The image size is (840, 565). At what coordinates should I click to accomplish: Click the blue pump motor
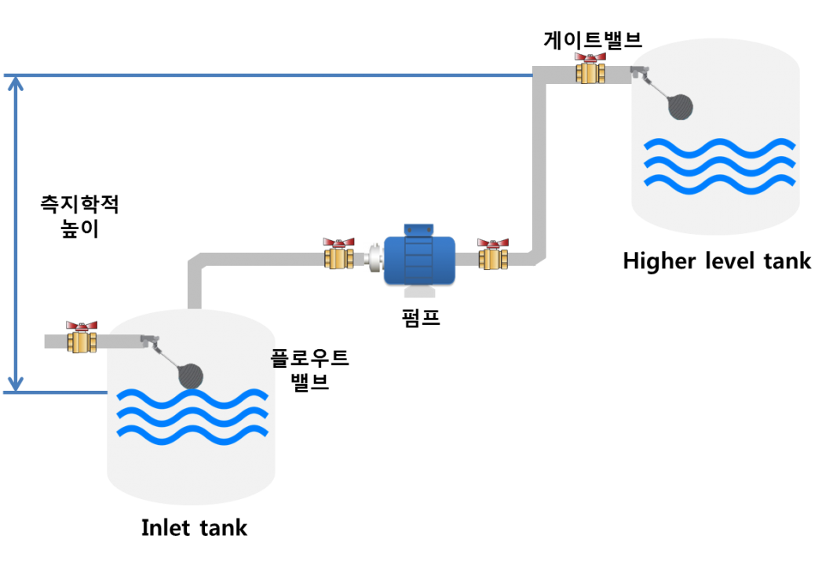tap(419, 260)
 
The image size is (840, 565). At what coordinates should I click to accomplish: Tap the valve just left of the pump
tap(339, 255)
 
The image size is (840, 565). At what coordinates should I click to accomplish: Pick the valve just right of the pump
tap(493, 255)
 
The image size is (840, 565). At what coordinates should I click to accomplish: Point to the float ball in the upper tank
tap(681, 108)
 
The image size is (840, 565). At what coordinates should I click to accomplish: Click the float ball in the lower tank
tap(191, 376)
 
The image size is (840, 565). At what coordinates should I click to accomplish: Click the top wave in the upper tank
tap(719, 147)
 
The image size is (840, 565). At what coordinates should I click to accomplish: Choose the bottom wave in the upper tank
tap(719, 182)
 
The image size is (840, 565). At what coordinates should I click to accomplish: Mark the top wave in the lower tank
tap(192, 398)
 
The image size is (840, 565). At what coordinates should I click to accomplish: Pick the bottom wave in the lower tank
tap(192, 433)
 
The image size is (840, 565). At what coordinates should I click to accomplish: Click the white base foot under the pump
tap(419, 291)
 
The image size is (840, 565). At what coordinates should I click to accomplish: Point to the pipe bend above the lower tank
tap(196, 261)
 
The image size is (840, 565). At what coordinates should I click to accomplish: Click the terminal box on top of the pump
tap(419, 229)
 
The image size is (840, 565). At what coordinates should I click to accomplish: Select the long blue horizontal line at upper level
tap(275, 75)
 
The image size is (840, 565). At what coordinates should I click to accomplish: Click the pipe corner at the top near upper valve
tap(540, 76)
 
